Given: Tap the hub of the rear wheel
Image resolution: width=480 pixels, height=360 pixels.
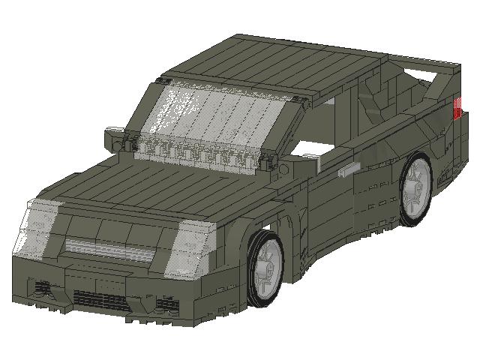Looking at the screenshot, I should (415, 187).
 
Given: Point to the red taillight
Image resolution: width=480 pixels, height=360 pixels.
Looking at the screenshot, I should (457, 108).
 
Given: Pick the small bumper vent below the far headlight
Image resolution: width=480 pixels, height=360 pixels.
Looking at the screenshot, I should (41, 288).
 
